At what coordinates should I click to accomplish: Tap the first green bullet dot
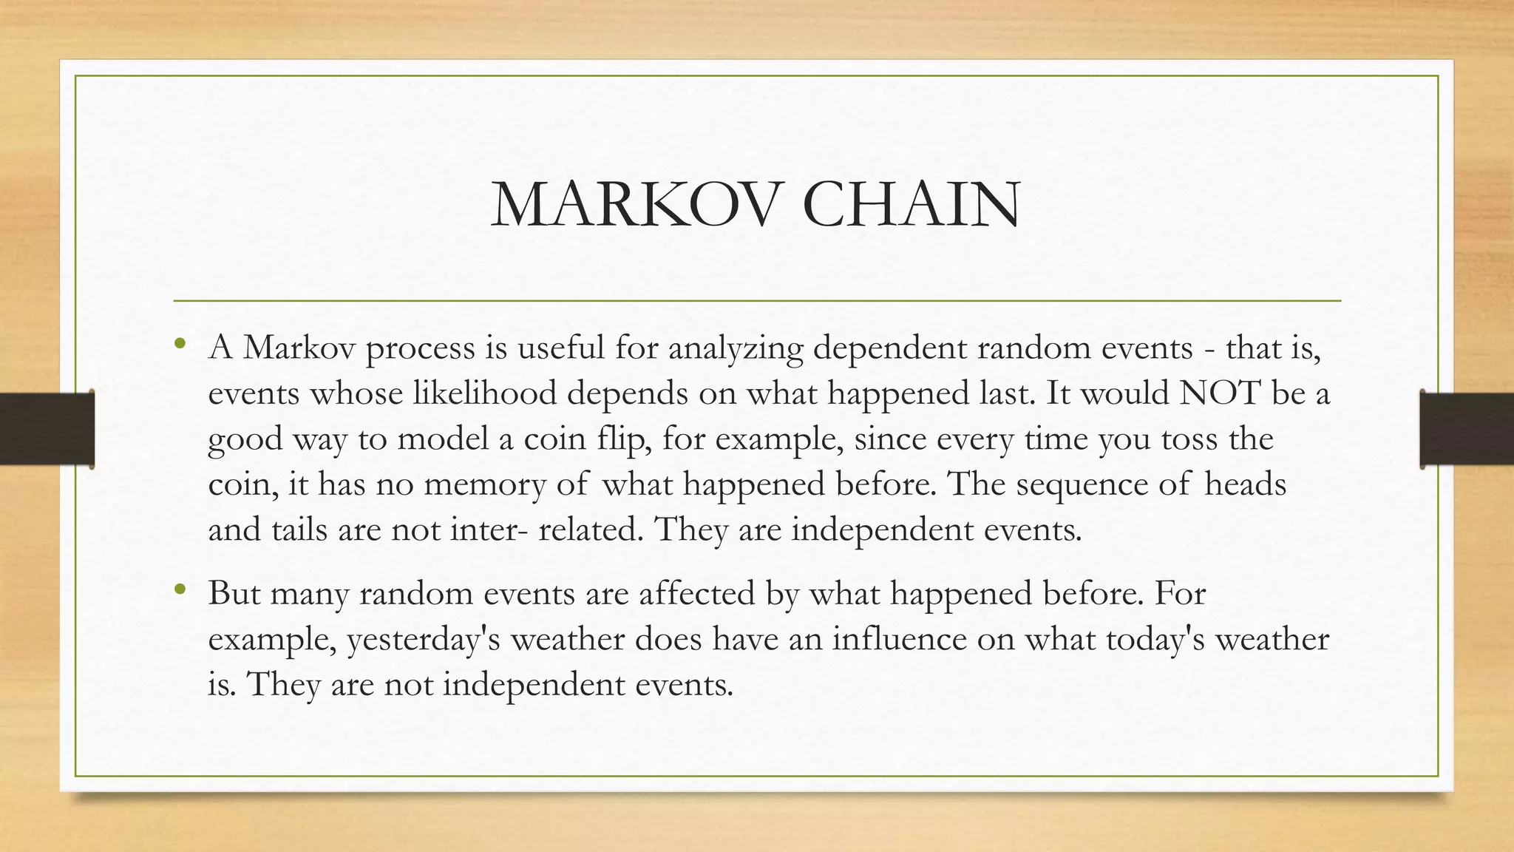[179, 343]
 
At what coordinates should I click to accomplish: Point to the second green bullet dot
[179, 589]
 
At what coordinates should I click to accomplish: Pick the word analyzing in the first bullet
[736, 348]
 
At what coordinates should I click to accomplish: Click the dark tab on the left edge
[47, 429]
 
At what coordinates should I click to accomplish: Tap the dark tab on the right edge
[1467, 429]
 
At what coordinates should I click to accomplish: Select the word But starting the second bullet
[234, 593]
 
